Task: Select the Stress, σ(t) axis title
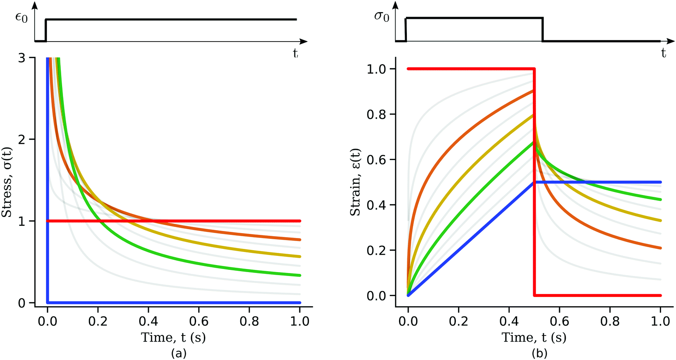tap(7, 180)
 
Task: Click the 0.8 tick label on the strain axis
tap(375, 115)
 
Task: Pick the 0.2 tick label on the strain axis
tap(375, 250)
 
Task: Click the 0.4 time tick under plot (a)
tap(148, 322)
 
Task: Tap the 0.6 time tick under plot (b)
tap(560, 322)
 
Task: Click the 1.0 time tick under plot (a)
tap(300, 322)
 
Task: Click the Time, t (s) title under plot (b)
tap(534, 338)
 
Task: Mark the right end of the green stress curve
tap(300, 275)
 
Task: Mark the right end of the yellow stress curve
tap(300, 256)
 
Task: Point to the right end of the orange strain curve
tap(660, 248)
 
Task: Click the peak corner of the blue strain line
tap(534, 182)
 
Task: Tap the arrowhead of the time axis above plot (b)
tap(670, 42)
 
